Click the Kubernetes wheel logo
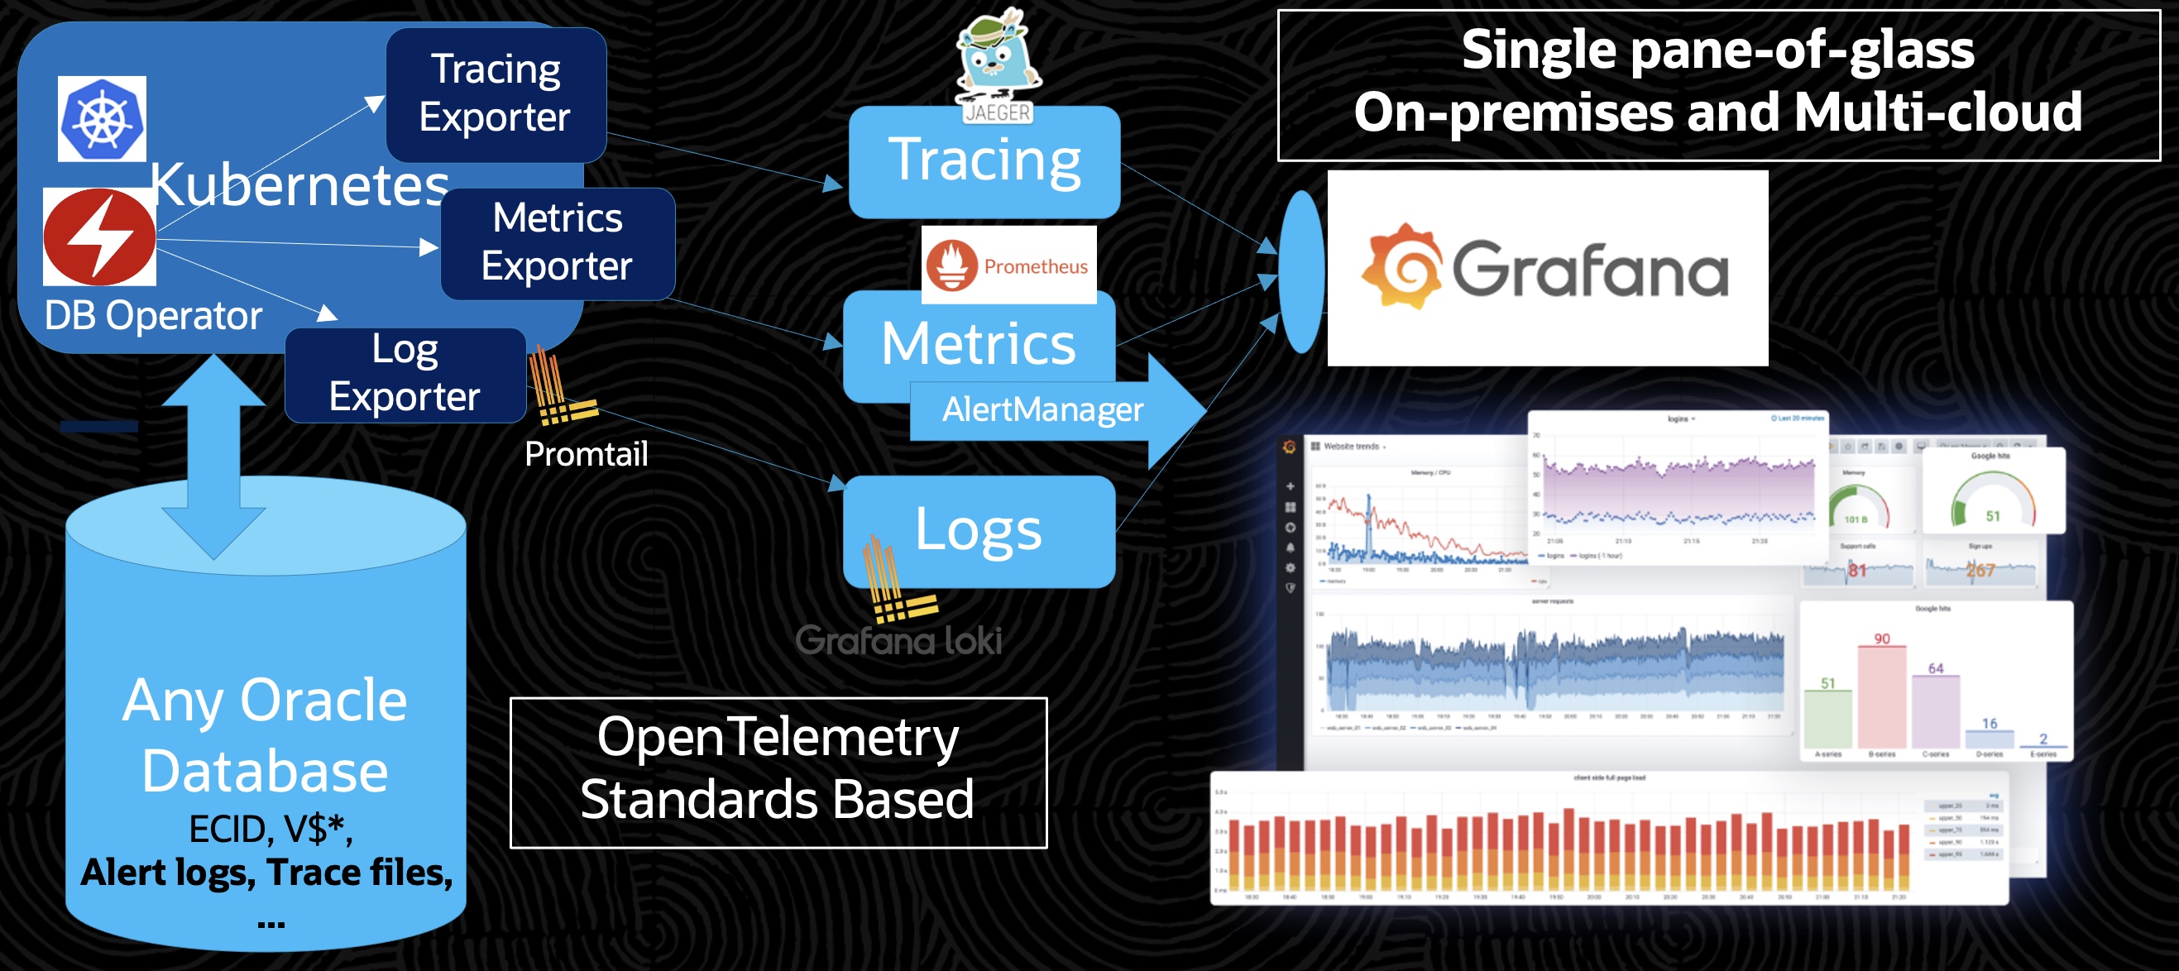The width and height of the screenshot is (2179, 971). pyautogui.click(x=102, y=119)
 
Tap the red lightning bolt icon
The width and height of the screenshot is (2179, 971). pyautogui.click(x=100, y=237)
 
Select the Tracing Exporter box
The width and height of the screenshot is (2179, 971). pyautogui.click(x=496, y=94)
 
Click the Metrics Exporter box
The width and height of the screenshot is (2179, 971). pyautogui.click(x=558, y=243)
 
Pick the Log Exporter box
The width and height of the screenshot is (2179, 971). pyautogui.click(x=405, y=374)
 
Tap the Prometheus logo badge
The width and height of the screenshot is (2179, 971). pyautogui.click(x=1008, y=265)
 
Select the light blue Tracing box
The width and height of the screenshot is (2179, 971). pyautogui.click(x=984, y=160)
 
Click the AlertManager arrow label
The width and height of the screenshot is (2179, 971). pyautogui.click(x=1042, y=410)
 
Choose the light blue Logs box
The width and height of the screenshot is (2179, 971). pyautogui.click(x=979, y=531)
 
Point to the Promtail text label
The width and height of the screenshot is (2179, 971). pyautogui.click(x=587, y=454)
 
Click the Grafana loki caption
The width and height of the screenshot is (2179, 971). pyautogui.click(x=898, y=640)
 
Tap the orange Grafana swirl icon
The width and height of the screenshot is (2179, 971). pyautogui.click(x=1401, y=267)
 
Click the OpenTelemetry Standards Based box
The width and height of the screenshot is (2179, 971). pyautogui.click(x=778, y=772)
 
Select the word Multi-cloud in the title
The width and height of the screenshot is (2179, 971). pyautogui.click(x=1937, y=113)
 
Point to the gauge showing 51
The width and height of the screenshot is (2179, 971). pyautogui.click(x=1992, y=499)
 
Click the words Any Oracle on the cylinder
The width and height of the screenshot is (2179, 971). pyautogui.click(x=265, y=701)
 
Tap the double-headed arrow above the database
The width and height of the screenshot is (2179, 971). pyautogui.click(x=213, y=457)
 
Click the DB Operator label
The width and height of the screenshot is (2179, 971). pyautogui.click(x=153, y=316)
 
